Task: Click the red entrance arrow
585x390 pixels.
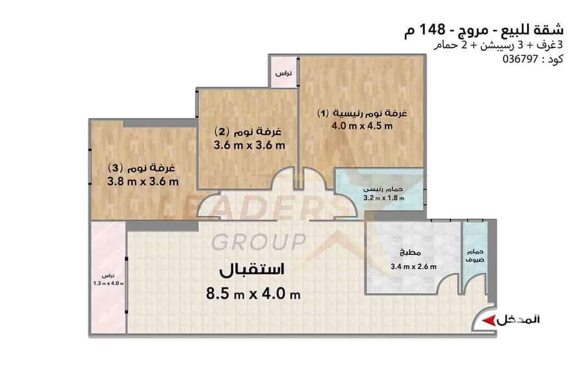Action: click(x=488, y=320)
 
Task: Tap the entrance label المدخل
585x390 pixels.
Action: click(x=518, y=320)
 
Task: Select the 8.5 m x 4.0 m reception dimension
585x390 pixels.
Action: click(x=253, y=294)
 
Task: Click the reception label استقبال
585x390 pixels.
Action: click(x=252, y=270)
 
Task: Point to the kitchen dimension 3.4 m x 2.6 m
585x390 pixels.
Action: click(x=413, y=266)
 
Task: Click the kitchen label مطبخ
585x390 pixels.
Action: click(x=410, y=253)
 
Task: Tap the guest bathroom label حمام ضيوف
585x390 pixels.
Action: click(x=475, y=255)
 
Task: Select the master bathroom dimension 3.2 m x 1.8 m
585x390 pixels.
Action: click(x=383, y=198)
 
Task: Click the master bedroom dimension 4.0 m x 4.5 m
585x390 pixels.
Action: click(x=362, y=125)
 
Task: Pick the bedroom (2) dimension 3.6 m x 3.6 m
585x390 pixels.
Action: click(x=249, y=145)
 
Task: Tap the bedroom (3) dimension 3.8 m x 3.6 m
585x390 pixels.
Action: click(x=143, y=182)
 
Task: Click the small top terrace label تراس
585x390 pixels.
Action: click(x=283, y=73)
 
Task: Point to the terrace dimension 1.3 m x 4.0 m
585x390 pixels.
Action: click(x=109, y=283)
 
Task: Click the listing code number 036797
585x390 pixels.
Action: click(x=520, y=59)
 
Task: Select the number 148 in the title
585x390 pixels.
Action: click(x=433, y=29)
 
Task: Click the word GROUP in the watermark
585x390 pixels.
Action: click(x=259, y=242)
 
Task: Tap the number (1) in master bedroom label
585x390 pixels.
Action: click(x=323, y=113)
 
